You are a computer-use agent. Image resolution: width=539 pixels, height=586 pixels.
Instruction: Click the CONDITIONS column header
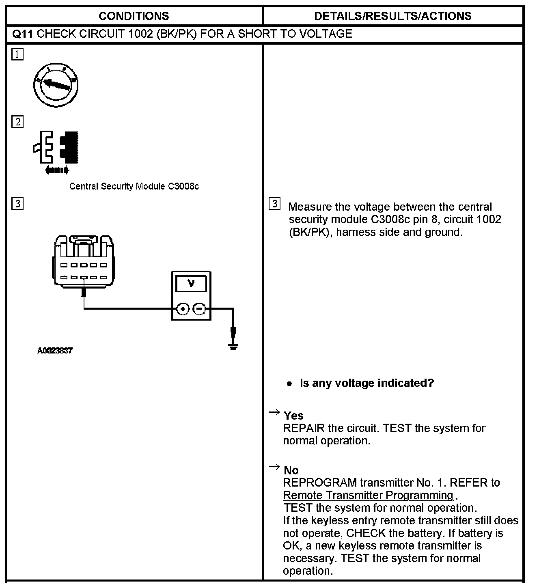click(134, 16)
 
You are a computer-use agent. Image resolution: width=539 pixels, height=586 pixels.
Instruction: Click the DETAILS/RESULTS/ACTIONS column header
click(392, 16)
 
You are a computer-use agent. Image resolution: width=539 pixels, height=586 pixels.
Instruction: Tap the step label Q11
click(22, 34)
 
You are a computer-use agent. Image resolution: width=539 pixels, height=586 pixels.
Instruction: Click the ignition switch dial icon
click(56, 85)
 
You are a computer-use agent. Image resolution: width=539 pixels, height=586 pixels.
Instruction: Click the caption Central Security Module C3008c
click(134, 186)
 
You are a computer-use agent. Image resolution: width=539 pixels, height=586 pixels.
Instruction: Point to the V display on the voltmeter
click(191, 283)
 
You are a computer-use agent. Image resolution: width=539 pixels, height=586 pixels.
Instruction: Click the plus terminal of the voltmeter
click(183, 309)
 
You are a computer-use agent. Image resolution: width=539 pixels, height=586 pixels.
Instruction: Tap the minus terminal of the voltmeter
click(199, 309)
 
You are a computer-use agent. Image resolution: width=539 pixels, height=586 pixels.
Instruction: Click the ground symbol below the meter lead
click(233, 346)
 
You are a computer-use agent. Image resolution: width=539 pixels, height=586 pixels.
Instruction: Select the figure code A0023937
click(55, 351)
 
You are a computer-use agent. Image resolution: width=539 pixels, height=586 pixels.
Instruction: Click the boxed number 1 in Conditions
click(17, 54)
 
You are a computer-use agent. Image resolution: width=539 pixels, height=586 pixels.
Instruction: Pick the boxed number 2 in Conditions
click(17, 122)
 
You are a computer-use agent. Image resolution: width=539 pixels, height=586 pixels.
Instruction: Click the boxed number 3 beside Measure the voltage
click(275, 204)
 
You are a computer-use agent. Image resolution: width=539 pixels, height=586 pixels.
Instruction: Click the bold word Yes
click(293, 416)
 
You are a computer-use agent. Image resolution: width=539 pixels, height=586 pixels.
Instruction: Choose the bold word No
click(291, 470)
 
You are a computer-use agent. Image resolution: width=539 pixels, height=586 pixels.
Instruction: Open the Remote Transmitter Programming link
click(368, 496)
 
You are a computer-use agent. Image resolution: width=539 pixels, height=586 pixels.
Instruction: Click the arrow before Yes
click(274, 413)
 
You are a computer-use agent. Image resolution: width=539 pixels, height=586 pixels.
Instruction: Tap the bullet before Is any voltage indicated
click(289, 383)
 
